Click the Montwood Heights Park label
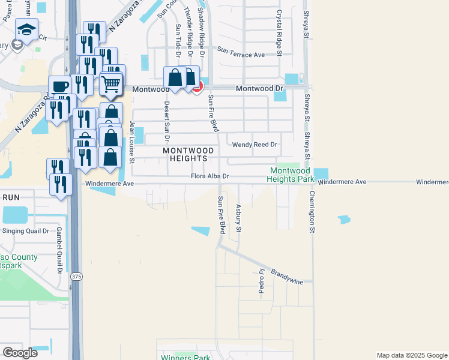pyautogui.click(x=291, y=175)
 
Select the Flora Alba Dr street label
pyautogui.click(x=209, y=176)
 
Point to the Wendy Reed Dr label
pyautogui.click(x=255, y=145)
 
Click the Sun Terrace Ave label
pyautogui.click(x=241, y=55)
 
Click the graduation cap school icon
pyautogui.click(x=26, y=30)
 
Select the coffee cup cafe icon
pyautogui.click(x=60, y=86)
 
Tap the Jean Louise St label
pyautogui.click(x=133, y=142)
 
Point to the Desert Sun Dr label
pyautogui.click(x=166, y=117)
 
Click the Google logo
pyautogui.click(x=20, y=353)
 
